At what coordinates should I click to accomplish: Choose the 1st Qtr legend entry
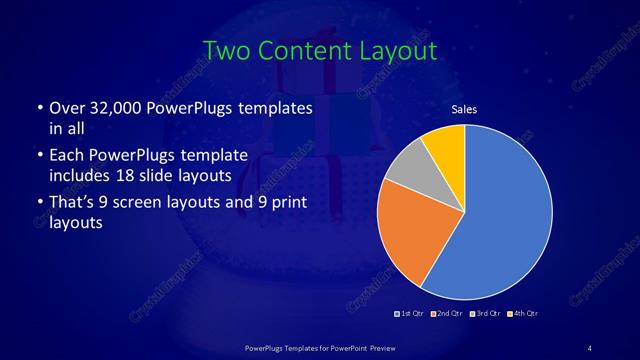pos(413,313)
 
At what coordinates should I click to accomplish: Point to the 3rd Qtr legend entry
pos(485,313)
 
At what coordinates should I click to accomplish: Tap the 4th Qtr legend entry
pos(522,313)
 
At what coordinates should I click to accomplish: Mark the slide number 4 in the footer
pos(590,347)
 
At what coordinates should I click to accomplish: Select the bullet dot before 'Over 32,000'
pos(38,108)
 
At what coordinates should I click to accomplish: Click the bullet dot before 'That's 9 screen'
pos(38,204)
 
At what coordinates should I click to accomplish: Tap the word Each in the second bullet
pos(67,155)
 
